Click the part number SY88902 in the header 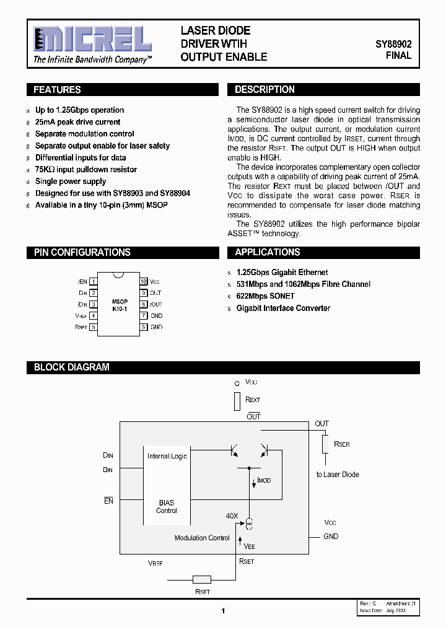pyautogui.click(x=393, y=45)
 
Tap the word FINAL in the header pyautogui.click(x=398, y=56)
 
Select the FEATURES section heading pyautogui.click(x=57, y=90)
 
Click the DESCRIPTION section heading pyautogui.click(x=265, y=90)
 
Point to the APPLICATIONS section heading pyautogui.click(x=268, y=252)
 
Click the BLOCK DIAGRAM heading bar pyautogui.click(x=71, y=367)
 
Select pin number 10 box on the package pyautogui.click(x=143, y=281)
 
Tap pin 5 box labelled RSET pyautogui.click(x=94, y=327)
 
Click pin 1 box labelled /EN pyautogui.click(x=94, y=281)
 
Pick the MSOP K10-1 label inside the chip pyautogui.click(x=120, y=305)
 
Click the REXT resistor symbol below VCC pyautogui.click(x=237, y=401)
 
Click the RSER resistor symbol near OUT pyautogui.click(x=325, y=444)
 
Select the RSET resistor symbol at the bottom pyautogui.click(x=202, y=580)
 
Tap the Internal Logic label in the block pyautogui.click(x=167, y=456)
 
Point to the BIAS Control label pyautogui.click(x=167, y=507)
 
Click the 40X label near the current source pyautogui.click(x=232, y=515)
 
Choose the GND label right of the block pyautogui.click(x=331, y=536)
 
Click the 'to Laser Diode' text pyautogui.click(x=338, y=475)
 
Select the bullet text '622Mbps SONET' pyautogui.click(x=265, y=296)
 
